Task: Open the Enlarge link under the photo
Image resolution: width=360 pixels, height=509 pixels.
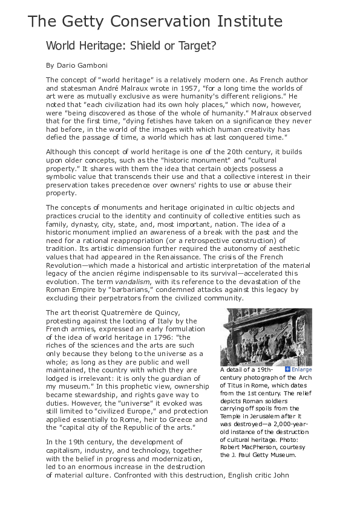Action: point(302,369)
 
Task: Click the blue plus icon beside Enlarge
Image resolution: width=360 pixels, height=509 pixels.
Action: point(287,369)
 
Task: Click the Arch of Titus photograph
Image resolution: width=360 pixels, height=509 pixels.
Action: point(266,337)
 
